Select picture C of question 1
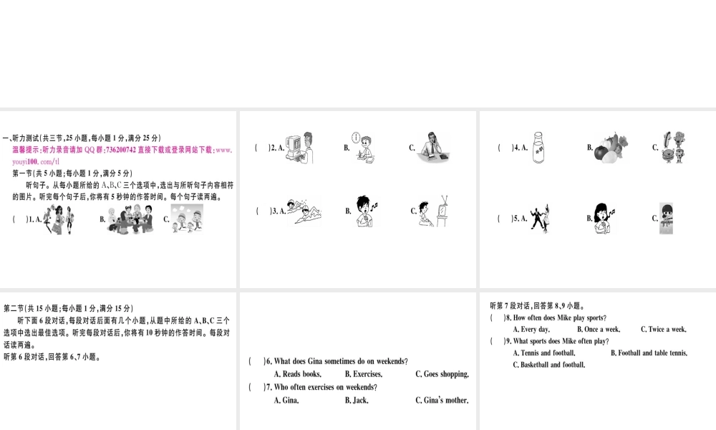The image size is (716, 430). tap(187, 218)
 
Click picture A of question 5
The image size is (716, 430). tap(542, 217)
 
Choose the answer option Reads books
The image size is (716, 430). tap(301, 374)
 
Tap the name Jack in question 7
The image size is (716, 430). tap(360, 401)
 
